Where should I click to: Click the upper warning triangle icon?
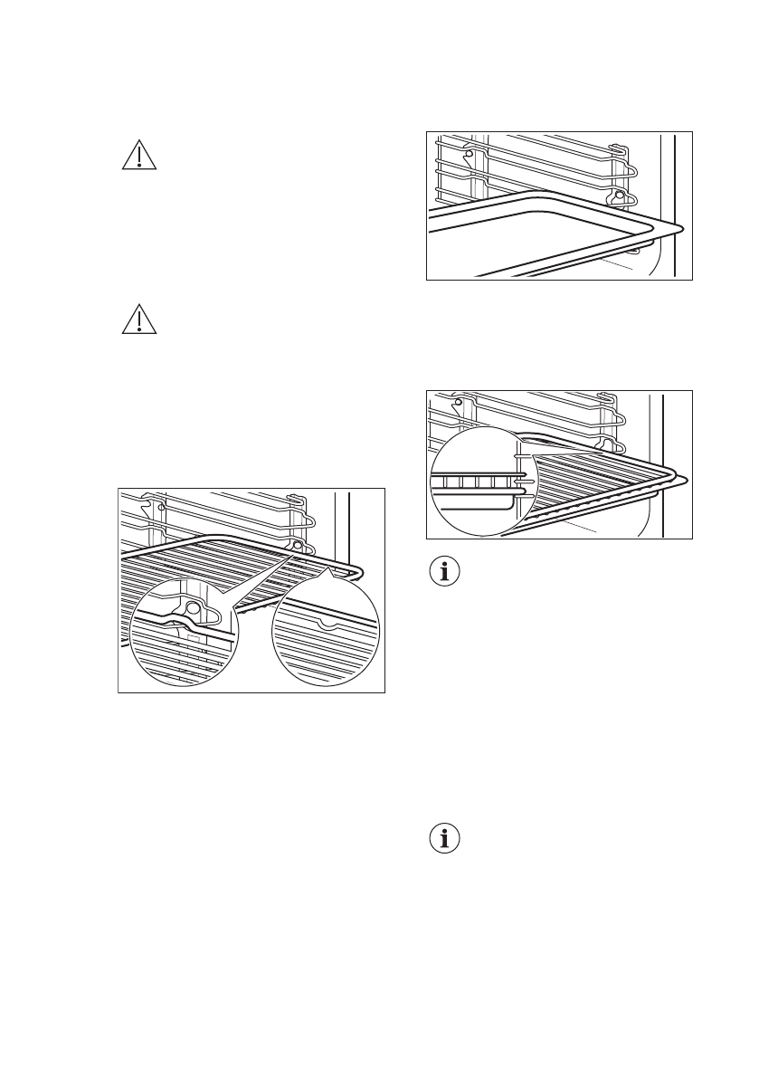(138, 156)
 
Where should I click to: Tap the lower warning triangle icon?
(138, 320)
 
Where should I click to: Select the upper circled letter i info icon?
(443, 572)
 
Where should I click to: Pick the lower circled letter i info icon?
(443, 838)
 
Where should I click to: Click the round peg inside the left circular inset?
(192, 609)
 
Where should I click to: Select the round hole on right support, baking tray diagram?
(619, 195)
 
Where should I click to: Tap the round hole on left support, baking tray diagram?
(468, 154)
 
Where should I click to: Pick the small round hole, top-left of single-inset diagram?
(459, 402)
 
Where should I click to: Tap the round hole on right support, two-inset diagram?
(298, 546)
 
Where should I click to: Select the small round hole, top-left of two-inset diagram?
(161, 507)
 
